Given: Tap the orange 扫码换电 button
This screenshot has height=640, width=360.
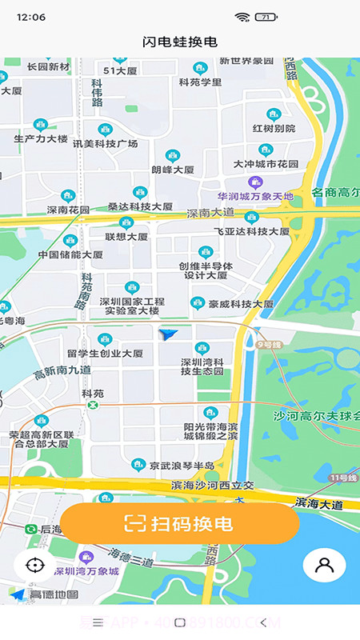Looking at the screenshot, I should coord(179,524).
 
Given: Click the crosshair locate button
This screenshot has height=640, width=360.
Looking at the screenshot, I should coord(34,565).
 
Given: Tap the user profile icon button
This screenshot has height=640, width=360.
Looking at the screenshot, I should coord(324,565).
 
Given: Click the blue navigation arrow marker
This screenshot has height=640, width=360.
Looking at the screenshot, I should coord(168,334).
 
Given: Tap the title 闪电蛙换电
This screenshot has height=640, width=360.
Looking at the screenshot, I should coord(180,42).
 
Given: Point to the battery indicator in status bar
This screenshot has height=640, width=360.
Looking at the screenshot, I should coord(266,17).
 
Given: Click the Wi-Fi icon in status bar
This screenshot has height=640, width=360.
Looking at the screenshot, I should coord(242,17).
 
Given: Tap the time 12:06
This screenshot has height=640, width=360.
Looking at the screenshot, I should coord(30,17).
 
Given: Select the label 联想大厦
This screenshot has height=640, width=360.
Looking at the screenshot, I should coord(126,237).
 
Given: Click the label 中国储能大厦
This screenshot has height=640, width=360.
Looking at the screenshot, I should coord(70,254).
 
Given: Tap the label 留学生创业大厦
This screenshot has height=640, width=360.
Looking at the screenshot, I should coord(105,353).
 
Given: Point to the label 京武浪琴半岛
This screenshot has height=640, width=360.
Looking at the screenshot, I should coord(182,465).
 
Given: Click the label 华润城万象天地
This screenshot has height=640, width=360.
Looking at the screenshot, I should coord(255,196).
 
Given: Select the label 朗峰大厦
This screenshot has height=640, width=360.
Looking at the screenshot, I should coord(173,170).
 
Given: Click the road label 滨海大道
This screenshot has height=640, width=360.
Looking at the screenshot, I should coord(318,504).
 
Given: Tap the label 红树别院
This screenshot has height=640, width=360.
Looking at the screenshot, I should coord(274,128).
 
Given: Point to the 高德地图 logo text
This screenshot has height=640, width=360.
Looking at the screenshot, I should coord(54,594).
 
